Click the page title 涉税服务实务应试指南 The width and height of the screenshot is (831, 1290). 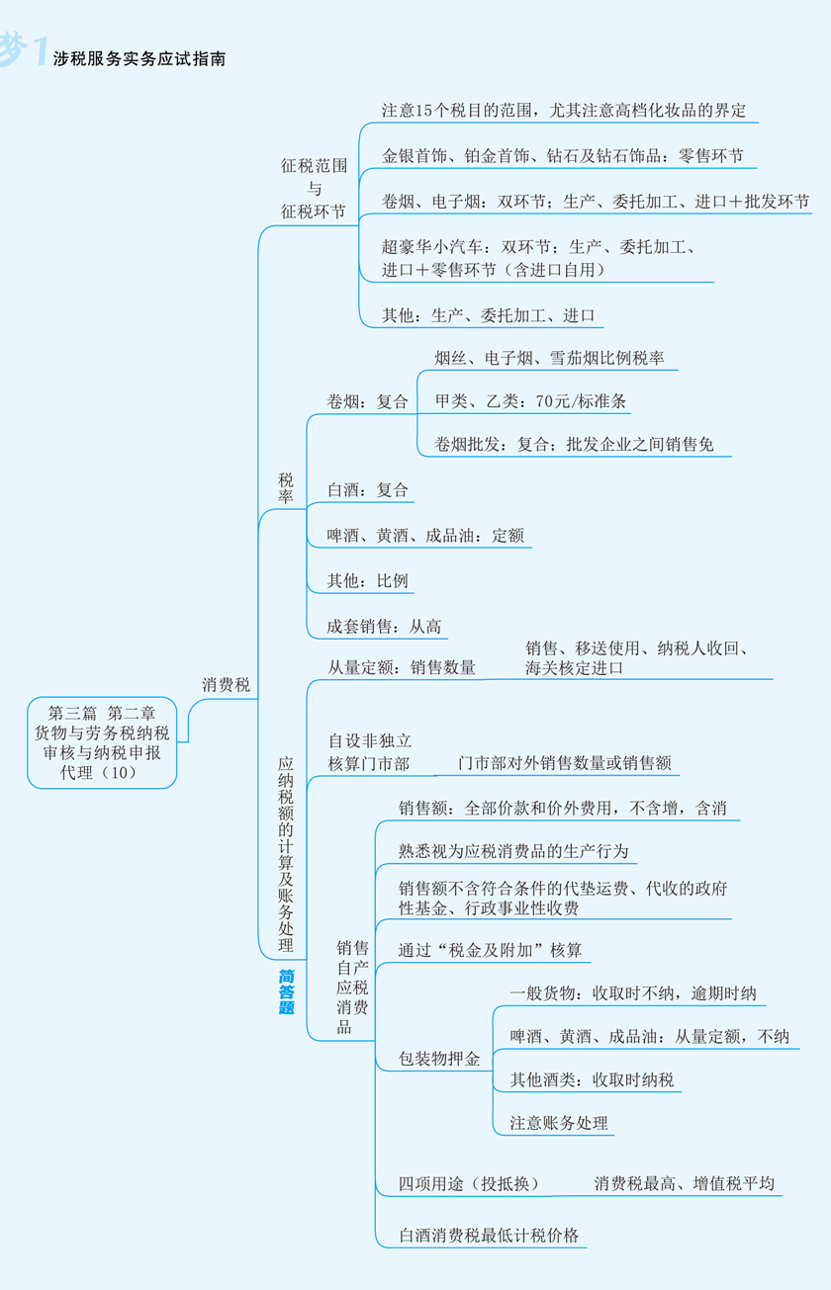coord(138,58)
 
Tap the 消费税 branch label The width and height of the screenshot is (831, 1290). coord(226,685)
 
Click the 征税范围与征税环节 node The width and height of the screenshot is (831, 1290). coord(314,189)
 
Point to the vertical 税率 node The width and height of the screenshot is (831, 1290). coord(286,487)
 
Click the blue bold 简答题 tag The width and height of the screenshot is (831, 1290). coord(287,991)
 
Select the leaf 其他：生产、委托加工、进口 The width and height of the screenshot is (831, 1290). coord(488,315)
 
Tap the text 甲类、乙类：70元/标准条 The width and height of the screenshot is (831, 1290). coord(531,400)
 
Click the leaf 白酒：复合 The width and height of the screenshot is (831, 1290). coord(368,490)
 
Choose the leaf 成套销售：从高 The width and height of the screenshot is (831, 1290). coord(384,627)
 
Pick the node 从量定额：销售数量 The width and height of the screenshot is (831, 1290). coord(402,667)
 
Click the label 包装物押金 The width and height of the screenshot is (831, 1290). coord(439,1059)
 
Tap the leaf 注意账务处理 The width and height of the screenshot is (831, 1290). coord(559,1122)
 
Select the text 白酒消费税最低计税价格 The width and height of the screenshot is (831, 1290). coord(489,1236)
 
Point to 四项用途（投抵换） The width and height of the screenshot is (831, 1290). coord(470,1183)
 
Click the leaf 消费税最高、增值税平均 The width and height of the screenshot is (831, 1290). coord(685,1183)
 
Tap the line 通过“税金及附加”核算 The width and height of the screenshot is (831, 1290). coord(490,950)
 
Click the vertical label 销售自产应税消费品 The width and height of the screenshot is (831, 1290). coord(352,988)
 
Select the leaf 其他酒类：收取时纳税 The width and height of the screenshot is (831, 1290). coord(592,1079)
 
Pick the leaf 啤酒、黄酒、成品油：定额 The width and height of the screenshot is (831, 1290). coord(425,536)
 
